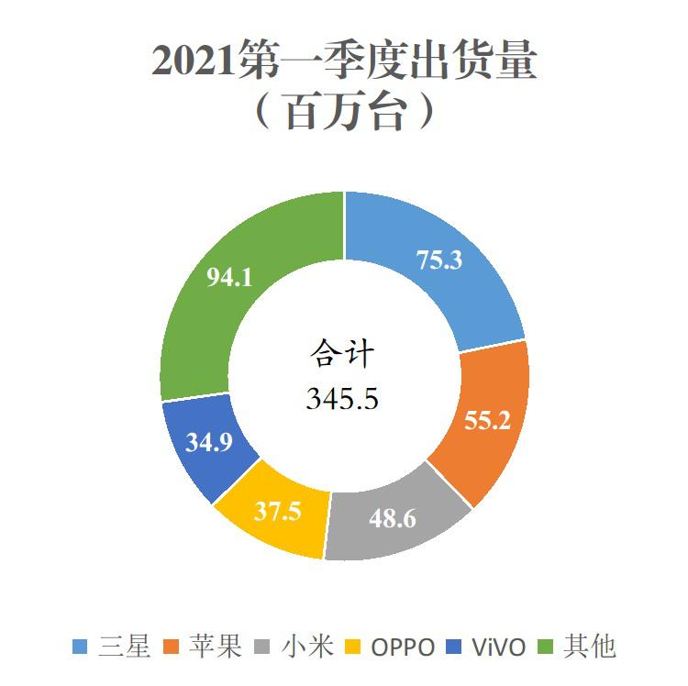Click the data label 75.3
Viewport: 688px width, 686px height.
tap(439, 260)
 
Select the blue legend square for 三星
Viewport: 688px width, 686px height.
tap(80, 647)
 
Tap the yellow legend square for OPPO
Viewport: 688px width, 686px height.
tap(357, 647)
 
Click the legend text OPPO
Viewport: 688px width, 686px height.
tap(403, 647)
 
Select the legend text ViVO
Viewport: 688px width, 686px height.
tap(500, 647)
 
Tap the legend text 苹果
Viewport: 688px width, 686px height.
tap(218, 647)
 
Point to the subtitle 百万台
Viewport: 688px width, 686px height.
tap(343, 112)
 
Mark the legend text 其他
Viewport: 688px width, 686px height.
tap(590, 647)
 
